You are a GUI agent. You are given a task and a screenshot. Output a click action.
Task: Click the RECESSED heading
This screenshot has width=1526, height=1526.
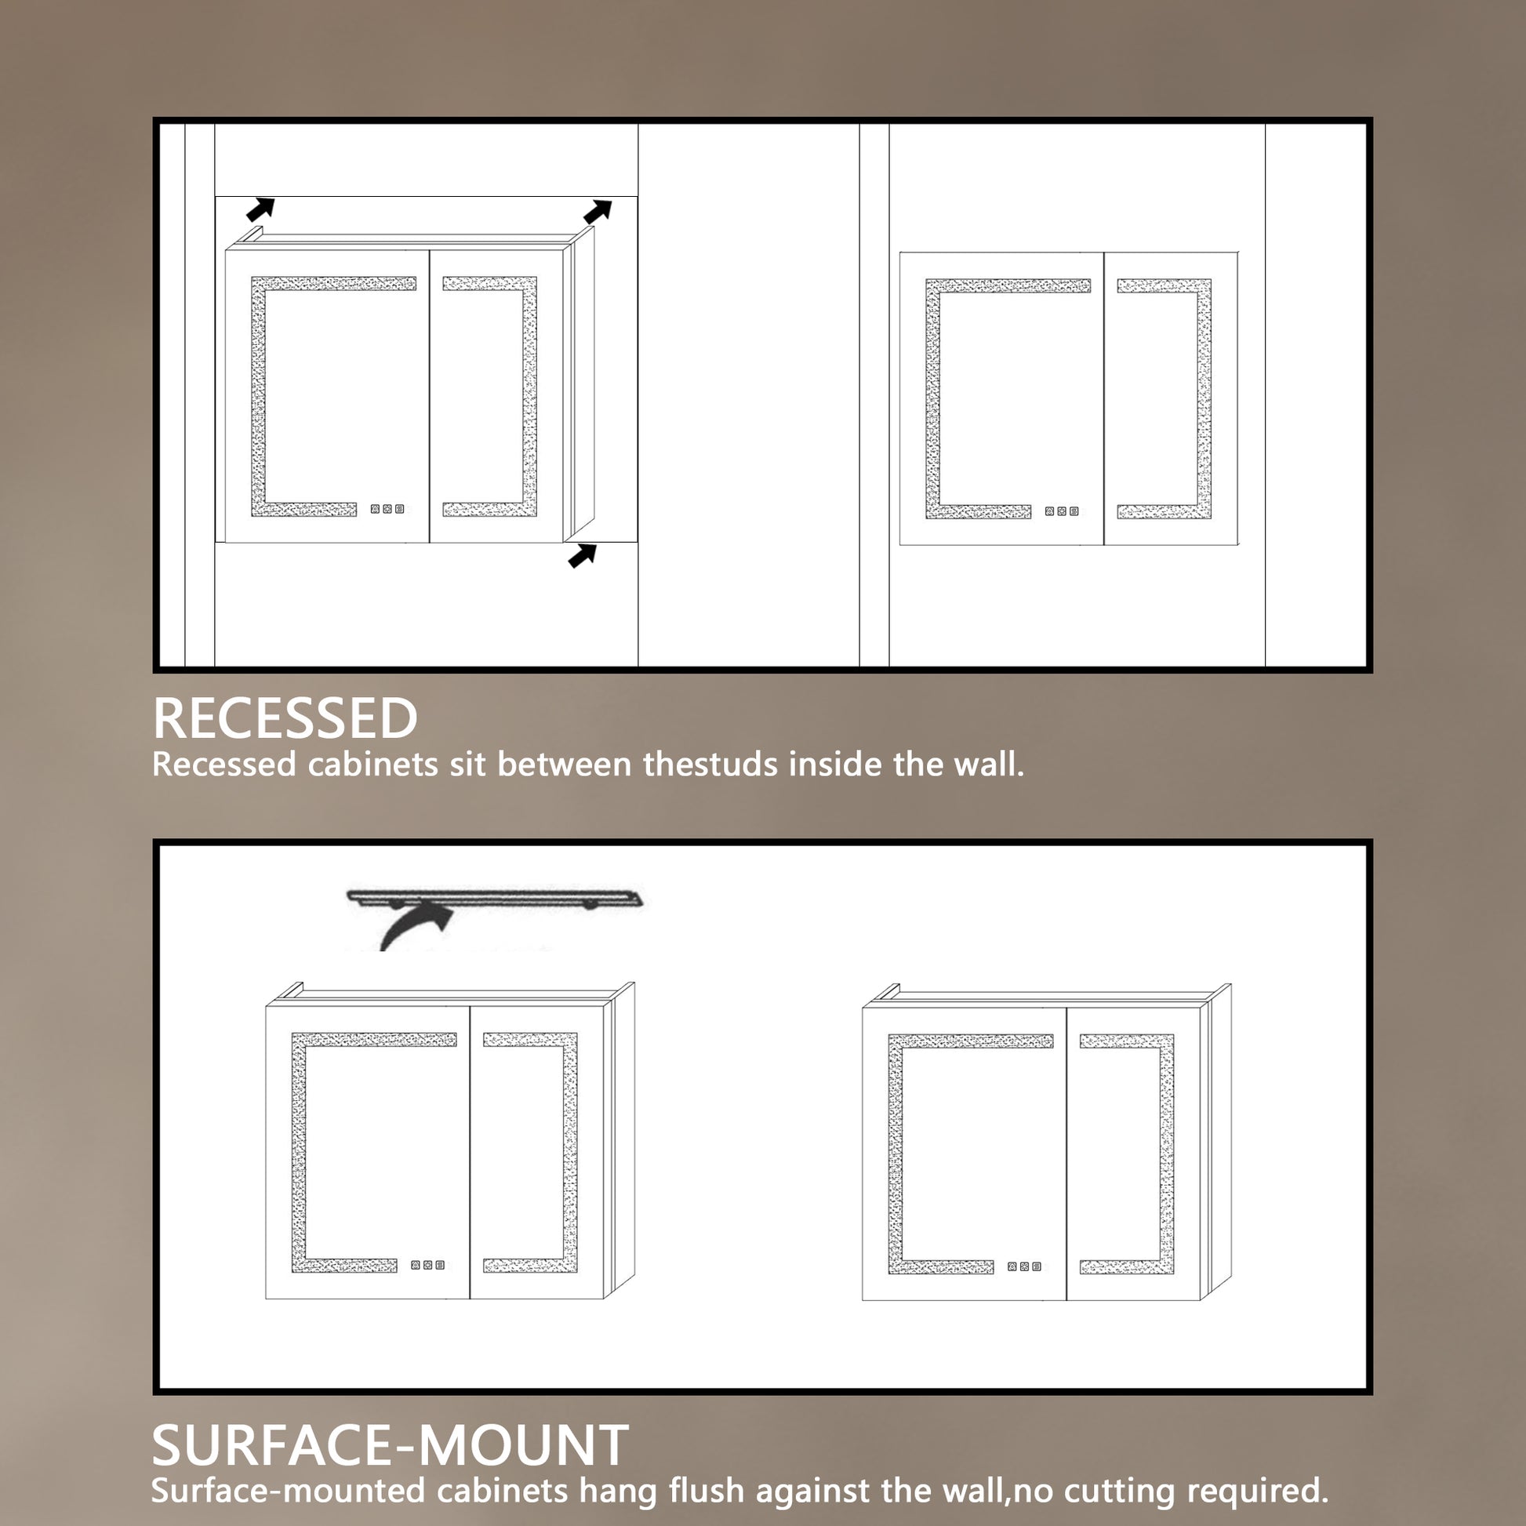pyautogui.click(x=285, y=718)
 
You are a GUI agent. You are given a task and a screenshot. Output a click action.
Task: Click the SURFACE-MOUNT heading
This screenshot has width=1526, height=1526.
pyautogui.click(x=390, y=1445)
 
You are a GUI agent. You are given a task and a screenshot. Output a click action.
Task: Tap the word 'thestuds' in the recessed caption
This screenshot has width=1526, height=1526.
pyautogui.click(x=716, y=765)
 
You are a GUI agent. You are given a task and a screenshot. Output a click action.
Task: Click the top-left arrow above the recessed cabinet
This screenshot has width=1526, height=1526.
pyautogui.click(x=260, y=209)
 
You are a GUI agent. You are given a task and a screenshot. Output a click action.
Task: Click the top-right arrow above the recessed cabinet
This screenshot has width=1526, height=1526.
pyautogui.click(x=598, y=212)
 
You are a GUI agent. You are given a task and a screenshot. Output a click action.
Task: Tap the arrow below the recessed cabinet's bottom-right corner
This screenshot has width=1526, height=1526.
pyautogui.click(x=582, y=555)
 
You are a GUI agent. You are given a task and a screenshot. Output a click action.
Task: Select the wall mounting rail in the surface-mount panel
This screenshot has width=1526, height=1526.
pyautogui.click(x=495, y=898)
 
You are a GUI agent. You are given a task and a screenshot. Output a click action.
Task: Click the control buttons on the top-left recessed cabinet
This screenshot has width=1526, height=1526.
pyautogui.click(x=387, y=510)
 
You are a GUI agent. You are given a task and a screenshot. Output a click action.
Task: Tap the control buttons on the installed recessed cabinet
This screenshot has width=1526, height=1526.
pyautogui.click(x=1062, y=512)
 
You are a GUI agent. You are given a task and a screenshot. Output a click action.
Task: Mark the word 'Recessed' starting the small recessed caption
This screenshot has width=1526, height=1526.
pyautogui.click(x=223, y=765)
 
